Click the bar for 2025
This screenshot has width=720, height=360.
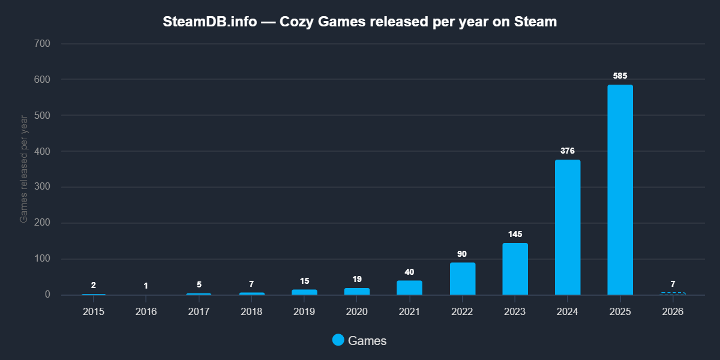coord(620,190)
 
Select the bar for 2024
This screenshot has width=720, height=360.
coord(568,227)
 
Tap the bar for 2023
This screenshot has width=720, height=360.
coord(515,269)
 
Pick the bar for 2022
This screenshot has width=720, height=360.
coord(463,279)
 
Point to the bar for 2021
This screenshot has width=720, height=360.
coord(409,288)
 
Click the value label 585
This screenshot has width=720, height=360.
coord(620,76)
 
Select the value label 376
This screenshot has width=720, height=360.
coord(568,151)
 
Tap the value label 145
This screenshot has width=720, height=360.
coord(515,233)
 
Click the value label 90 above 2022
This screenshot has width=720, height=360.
coord(462,254)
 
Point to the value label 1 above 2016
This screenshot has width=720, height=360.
coord(146,286)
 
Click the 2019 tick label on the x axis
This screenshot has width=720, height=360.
coord(304,312)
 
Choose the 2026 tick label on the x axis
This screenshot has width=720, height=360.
coord(673,312)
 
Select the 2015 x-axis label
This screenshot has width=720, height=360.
coord(94,312)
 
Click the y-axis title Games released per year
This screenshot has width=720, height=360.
coord(24,169)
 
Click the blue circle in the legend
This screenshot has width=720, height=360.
coord(338,340)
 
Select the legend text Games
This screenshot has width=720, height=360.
coord(367,341)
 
